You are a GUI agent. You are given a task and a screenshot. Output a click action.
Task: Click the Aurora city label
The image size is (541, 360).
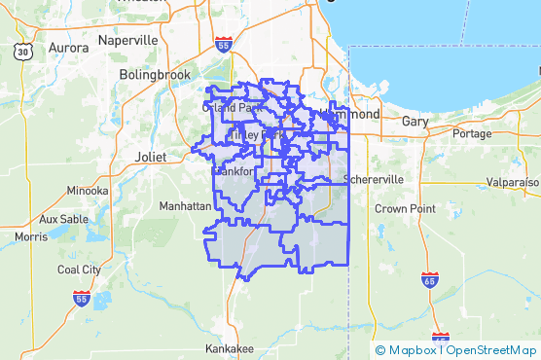coord(68,47)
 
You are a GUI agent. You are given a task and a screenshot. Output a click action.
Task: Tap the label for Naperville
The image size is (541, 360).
coord(127,41)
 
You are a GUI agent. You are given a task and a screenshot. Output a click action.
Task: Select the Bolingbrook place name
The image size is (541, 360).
coord(151,74)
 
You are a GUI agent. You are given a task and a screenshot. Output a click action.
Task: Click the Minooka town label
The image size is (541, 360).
coord(88,190)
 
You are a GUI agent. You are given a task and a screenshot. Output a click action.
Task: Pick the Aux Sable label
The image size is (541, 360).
coord(63,219)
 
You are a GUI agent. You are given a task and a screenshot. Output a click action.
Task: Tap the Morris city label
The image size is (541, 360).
coord(31,236)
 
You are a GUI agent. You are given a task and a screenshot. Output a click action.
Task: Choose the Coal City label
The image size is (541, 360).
coord(80,270)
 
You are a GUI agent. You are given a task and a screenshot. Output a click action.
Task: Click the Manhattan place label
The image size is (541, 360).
coord(185,206)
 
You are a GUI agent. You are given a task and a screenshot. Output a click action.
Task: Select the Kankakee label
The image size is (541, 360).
coord(231,348)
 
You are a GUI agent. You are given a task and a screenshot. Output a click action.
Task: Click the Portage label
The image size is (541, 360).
coord(472,133)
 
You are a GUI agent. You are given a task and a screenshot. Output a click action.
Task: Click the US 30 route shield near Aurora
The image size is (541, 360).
coord(22,51)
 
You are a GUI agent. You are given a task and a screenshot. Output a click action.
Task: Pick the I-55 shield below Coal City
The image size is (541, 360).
coord(82,299)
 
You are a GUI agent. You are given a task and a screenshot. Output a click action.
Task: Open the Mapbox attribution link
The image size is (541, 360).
coord(408,350)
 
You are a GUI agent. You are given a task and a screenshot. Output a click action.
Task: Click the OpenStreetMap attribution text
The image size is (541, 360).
coord(492,350)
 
